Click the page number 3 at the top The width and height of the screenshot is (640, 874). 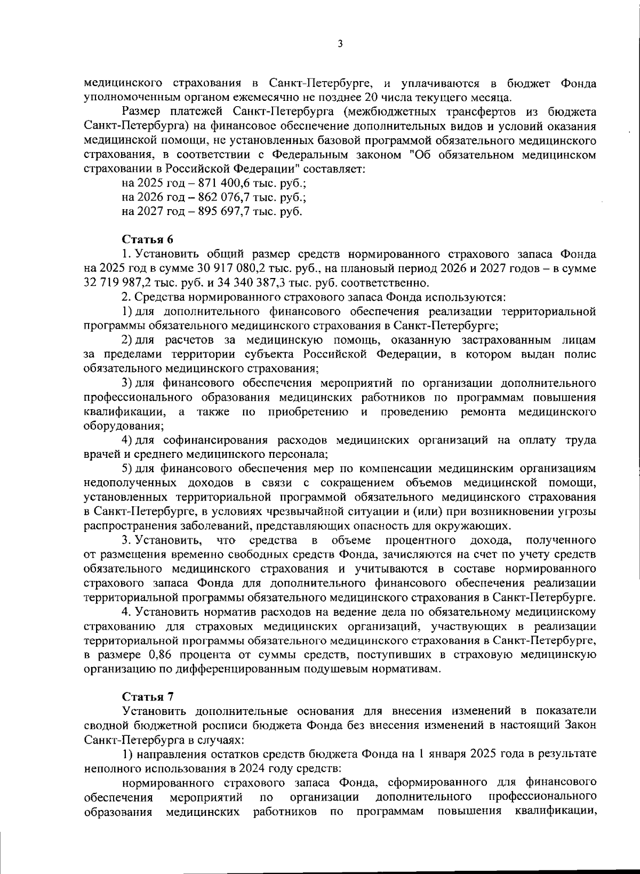point(340,44)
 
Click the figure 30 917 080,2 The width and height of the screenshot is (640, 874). point(210,268)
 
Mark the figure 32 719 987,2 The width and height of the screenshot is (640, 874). point(117,282)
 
